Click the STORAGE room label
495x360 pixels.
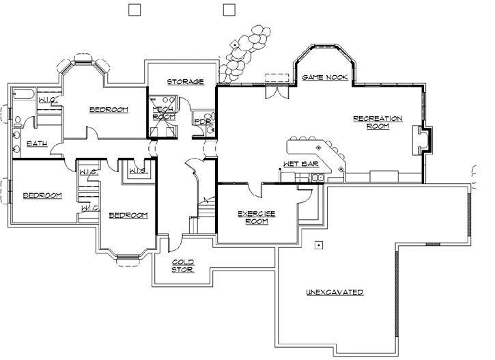[x=186, y=82]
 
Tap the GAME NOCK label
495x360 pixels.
[x=325, y=78]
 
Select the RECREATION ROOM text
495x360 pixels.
[x=377, y=122]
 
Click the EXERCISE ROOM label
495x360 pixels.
[x=256, y=217]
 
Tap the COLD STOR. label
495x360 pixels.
[x=182, y=266]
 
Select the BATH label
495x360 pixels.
[x=36, y=144]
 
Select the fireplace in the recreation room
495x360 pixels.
[x=423, y=141]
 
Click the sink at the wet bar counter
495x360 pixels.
[x=316, y=178]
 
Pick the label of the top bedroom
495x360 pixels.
[x=109, y=109]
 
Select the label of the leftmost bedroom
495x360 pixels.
[x=42, y=195]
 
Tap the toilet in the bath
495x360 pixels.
[x=16, y=124]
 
